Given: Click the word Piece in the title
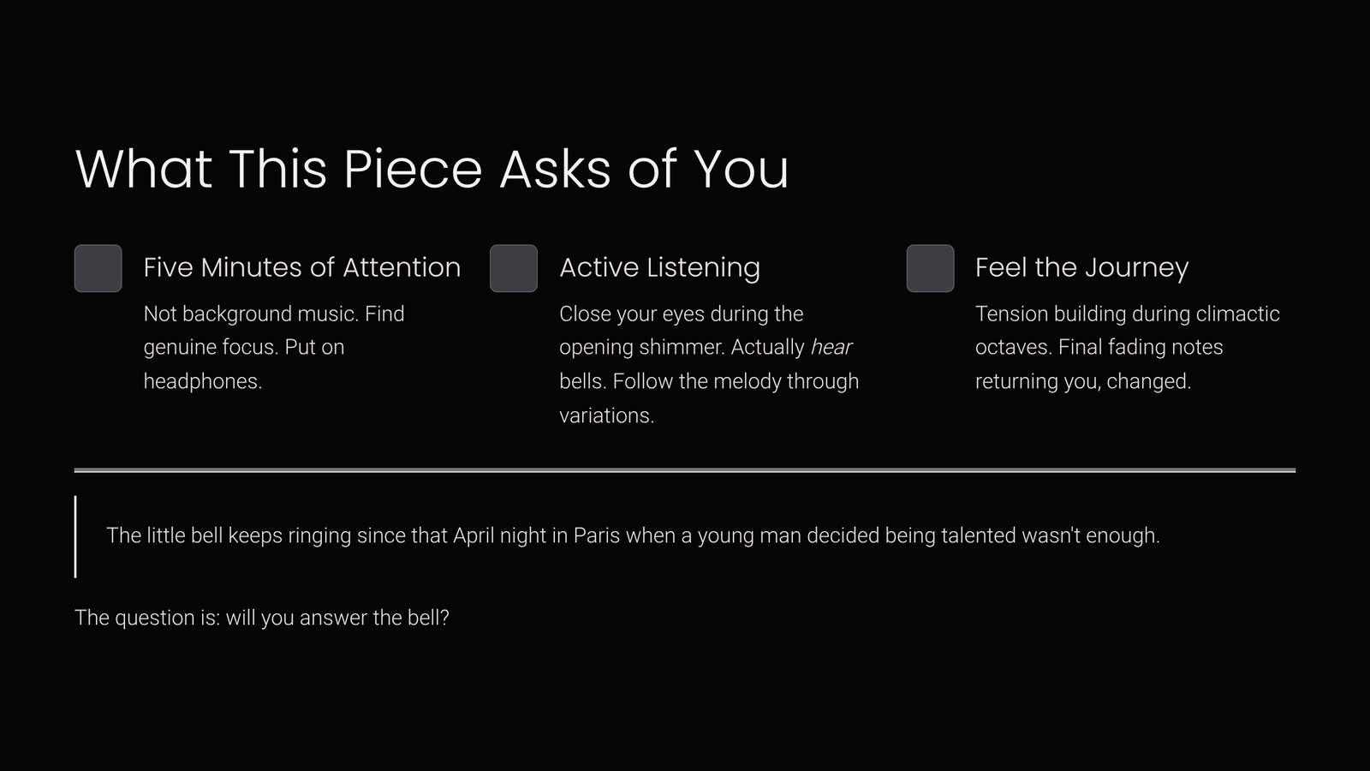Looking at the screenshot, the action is [413, 168].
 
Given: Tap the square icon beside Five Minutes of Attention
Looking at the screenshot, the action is [98, 268].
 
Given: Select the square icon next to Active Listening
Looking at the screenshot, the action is [514, 268].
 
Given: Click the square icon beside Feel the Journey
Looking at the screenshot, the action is [930, 268].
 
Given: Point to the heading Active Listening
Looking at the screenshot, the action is [660, 268].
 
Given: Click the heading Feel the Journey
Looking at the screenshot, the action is [1082, 268].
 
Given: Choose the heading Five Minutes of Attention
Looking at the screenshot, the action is [302, 267].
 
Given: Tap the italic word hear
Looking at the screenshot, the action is [831, 347].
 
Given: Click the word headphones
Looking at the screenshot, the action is [203, 382].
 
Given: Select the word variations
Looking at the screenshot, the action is [607, 415].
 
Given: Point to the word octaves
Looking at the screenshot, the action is [1014, 348].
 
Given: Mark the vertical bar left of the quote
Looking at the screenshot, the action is [75, 536].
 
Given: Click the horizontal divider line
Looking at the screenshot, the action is [685, 470].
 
